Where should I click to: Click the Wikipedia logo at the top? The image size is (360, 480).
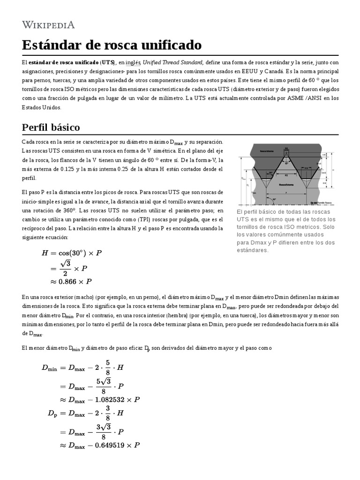[48, 24]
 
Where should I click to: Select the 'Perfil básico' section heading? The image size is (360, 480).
[51, 127]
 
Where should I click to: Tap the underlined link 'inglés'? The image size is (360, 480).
[133, 62]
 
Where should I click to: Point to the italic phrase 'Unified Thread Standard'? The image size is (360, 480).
[173, 62]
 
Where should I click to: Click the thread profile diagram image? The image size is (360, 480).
[285, 174]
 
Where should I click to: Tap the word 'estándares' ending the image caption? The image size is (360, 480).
[253, 250]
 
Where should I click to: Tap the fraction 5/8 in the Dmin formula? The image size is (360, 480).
[108, 368]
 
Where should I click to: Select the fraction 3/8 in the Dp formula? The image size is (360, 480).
[108, 413]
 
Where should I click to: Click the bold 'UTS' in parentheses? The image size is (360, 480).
[107, 62]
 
